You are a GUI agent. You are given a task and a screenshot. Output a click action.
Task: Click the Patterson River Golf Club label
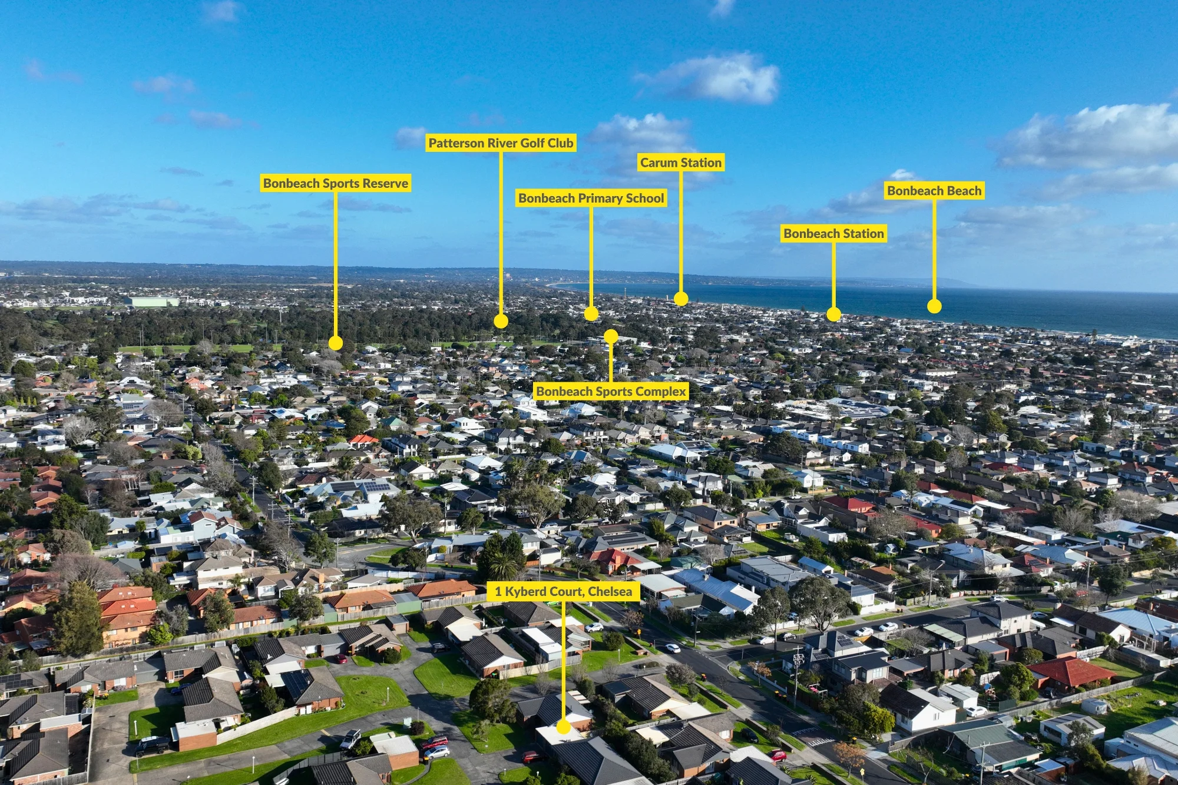(501, 143)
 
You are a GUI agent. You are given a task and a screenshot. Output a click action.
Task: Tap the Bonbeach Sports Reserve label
(336, 183)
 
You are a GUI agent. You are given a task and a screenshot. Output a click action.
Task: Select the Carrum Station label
(681, 163)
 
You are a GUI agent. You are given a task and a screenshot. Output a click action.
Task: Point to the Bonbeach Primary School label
(591, 198)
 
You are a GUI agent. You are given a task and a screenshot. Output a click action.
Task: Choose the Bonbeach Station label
(833, 234)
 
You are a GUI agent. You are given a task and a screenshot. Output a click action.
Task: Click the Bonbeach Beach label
(934, 191)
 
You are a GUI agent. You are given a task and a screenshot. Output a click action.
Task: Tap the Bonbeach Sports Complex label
(611, 391)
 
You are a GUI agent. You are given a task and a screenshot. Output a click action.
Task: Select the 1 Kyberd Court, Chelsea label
(563, 591)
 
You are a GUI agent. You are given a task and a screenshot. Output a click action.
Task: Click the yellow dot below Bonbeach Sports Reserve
(336, 343)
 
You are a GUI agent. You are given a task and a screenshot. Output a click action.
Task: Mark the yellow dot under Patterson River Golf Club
(501, 321)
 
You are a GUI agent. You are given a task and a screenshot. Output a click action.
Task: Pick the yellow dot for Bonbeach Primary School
(591, 313)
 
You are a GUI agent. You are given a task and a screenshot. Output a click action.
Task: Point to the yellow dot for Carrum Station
(681, 299)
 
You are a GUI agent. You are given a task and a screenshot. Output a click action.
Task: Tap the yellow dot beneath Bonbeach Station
(833, 314)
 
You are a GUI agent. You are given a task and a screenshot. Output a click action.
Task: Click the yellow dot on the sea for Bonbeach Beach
(934, 306)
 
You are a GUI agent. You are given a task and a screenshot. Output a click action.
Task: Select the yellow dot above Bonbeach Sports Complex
(611, 336)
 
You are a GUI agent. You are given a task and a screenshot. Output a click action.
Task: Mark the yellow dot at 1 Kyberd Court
(563, 727)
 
